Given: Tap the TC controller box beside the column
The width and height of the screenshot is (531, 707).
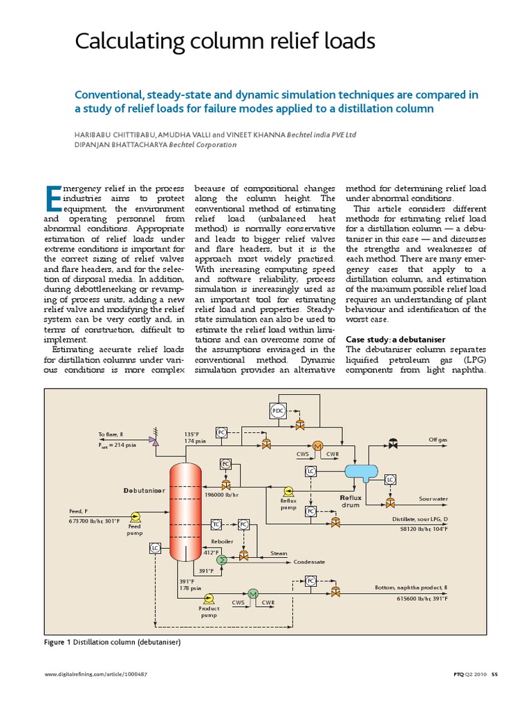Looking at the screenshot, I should click(216, 525).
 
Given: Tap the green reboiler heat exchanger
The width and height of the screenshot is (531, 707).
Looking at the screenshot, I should click(221, 559).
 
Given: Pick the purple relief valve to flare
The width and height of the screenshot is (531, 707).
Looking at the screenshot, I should click(154, 439).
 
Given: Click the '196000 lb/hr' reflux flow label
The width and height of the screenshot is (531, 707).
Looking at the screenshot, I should click(222, 495).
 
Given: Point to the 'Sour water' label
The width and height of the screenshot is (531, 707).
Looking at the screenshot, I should click(433, 498).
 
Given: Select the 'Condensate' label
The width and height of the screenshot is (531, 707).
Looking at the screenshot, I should click(309, 562).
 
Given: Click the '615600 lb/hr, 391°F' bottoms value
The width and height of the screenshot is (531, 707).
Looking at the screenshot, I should click(421, 598).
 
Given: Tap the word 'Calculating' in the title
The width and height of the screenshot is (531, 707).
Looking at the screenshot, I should click(126, 42).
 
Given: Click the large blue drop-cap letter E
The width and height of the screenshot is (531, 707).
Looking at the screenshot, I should click(52, 199).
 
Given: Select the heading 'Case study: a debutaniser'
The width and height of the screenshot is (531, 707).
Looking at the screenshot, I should click(395, 339).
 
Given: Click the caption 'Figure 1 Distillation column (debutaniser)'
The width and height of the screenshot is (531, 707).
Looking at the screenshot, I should click(111, 642).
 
